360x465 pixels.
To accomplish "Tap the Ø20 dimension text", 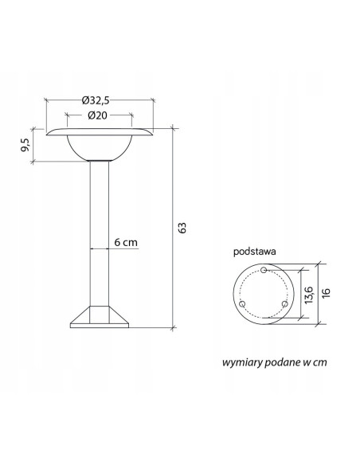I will tap(99, 115).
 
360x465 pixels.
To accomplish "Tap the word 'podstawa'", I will tap(254, 250).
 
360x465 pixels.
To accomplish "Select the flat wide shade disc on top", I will tap(99, 131).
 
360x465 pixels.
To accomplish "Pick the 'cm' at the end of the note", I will tap(320, 361).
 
